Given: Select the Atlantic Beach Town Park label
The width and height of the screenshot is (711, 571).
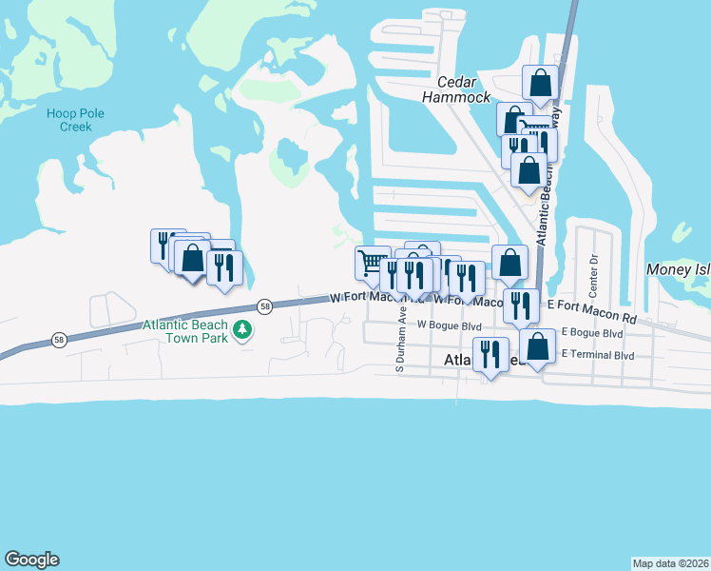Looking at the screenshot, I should click(185, 332).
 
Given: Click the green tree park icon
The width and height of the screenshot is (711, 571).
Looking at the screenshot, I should click(243, 330).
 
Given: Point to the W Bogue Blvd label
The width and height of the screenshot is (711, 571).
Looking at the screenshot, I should click(450, 325).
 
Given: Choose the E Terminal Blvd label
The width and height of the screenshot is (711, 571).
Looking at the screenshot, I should click(598, 355).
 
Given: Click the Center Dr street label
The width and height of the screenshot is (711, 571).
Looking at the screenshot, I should click(593, 271).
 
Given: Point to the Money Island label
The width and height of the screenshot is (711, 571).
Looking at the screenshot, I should click(678, 270).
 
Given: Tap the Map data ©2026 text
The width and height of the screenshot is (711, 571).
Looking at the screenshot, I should click(670, 563).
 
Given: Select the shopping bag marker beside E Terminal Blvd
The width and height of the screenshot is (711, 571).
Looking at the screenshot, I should click(537, 347).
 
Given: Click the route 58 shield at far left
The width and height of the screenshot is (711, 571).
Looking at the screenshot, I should click(59, 341).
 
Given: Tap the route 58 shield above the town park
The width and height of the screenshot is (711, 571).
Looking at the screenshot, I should click(265, 306).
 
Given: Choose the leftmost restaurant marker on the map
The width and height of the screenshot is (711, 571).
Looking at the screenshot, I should click(163, 244).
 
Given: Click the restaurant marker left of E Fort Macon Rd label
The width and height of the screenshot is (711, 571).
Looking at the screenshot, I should click(521, 305).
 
